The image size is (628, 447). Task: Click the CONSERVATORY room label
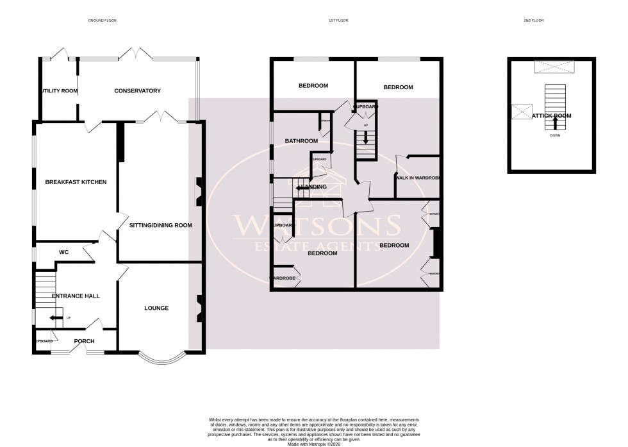click(x=137, y=91)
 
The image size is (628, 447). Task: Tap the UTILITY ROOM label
click(x=59, y=91)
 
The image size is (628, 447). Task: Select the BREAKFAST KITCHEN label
click(x=76, y=182)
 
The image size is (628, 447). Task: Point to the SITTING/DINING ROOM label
click(x=160, y=226)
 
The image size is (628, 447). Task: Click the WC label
click(x=63, y=253)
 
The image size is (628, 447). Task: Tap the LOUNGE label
click(x=156, y=308)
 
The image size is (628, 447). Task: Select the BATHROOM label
click(x=301, y=141)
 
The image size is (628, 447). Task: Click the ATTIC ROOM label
click(x=551, y=116)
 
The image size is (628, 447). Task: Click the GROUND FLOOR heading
click(x=103, y=21)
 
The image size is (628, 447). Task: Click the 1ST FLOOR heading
click(x=338, y=21)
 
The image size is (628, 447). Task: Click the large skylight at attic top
click(x=555, y=67)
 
